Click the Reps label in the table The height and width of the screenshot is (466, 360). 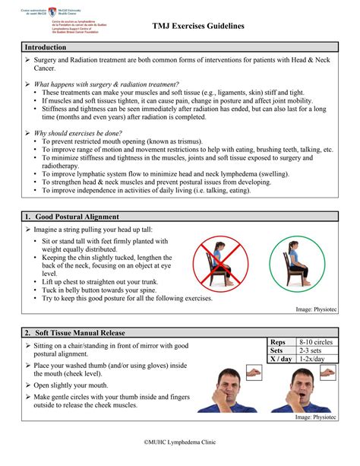click(278, 343)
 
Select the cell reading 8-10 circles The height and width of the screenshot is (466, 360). click(317, 343)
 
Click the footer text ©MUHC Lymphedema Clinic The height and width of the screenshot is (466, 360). click(180, 441)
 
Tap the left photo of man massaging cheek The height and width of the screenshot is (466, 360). click(238, 390)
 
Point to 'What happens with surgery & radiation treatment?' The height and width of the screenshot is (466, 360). click(106, 84)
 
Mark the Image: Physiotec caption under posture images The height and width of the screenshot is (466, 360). click(316, 310)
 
